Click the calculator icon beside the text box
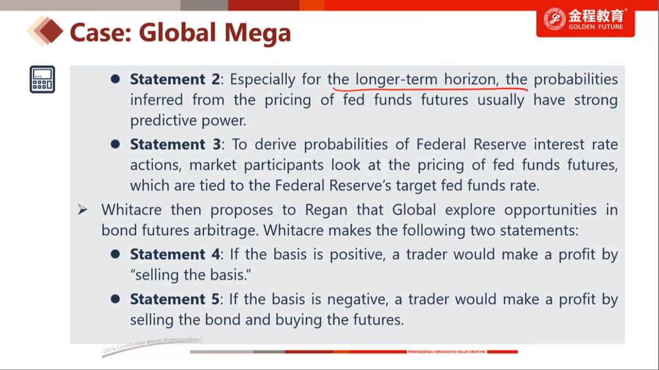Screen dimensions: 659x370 point(42,79)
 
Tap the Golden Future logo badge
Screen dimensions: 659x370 point(585,21)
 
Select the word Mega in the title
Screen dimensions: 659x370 point(258,33)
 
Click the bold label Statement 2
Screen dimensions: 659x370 point(175,79)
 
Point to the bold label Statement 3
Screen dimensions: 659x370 point(175,144)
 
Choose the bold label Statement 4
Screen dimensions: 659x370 point(175,254)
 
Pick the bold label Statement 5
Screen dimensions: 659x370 point(175,299)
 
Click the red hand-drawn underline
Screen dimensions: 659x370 point(430,89)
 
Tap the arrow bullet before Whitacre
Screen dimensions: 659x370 point(83,209)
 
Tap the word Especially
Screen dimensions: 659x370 point(263,80)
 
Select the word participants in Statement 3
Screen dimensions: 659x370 point(283,166)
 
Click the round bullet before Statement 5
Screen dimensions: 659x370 point(115,299)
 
